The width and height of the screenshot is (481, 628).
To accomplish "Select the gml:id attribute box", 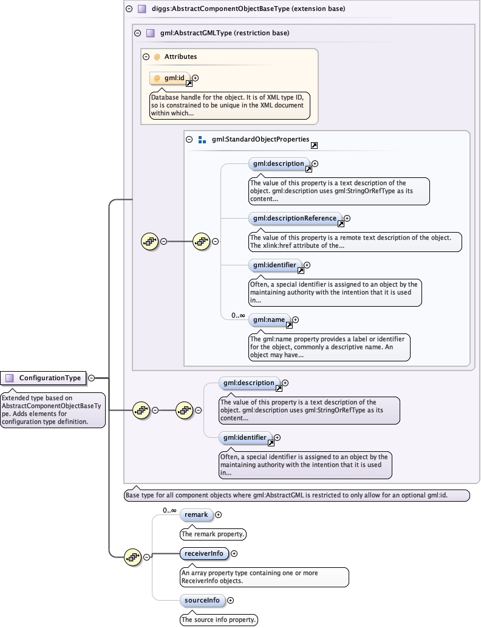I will coord(170,78).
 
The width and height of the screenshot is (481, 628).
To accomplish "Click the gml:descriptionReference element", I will coord(295,219).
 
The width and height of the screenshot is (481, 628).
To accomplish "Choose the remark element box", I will coord(196,515).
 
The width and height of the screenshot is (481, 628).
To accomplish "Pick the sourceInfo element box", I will coord(202,600).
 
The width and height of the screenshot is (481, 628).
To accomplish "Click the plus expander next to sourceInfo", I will coord(230,600).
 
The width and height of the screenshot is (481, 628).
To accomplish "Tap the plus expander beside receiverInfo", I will coord(234,553).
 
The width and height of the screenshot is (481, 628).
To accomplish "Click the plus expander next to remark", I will coord(219,515).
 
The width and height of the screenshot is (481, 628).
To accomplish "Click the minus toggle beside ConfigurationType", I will coord(91,378).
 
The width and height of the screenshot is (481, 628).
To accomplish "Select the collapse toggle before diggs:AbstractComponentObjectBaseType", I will coord(129,9).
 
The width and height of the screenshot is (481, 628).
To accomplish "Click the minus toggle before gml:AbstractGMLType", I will coord(137,33).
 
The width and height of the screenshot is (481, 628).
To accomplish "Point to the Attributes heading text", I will coord(180,56).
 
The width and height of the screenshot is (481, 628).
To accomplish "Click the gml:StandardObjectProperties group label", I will coord(260,140).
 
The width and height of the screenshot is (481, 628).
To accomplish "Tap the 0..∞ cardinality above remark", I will coord(169,511).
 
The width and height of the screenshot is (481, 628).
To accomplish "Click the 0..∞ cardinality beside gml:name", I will coord(237,316).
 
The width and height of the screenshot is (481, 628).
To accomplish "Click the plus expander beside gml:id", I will coord(196,78).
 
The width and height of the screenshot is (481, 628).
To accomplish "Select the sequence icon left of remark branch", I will coord(133,556).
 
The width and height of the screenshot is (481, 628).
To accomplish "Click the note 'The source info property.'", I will coord(219,619).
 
